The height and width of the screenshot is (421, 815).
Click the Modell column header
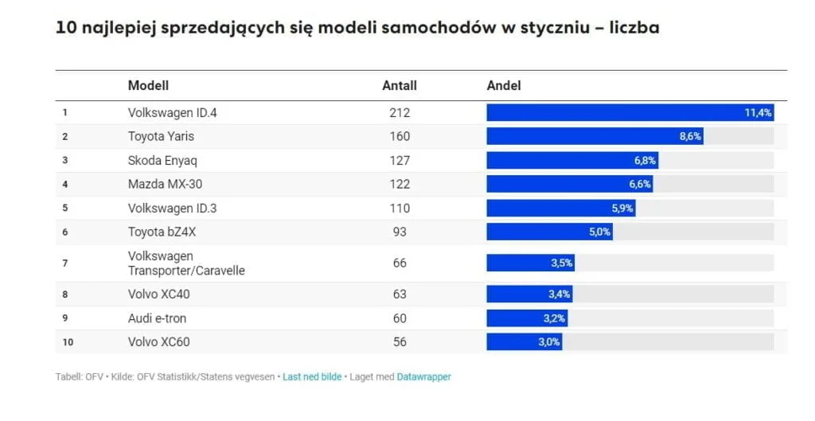click(x=148, y=85)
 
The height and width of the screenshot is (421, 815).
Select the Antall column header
click(x=400, y=85)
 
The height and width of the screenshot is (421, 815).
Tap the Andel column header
click(x=504, y=85)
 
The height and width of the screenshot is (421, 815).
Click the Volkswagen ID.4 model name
click(x=172, y=113)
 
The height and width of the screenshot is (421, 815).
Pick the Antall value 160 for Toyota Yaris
click(x=400, y=136)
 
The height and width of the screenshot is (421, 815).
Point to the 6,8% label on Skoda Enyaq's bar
click(x=645, y=160)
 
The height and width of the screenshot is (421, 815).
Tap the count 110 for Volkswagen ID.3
click(x=400, y=208)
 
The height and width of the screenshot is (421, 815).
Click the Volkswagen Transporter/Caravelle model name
click(x=186, y=263)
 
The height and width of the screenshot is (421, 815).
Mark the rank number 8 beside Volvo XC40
click(x=65, y=294)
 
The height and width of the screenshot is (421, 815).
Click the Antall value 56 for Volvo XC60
click(x=400, y=342)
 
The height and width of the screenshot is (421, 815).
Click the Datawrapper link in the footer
click(x=423, y=376)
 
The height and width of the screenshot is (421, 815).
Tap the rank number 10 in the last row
click(x=68, y=342)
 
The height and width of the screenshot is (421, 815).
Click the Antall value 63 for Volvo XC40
click(x=400, y=294)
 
